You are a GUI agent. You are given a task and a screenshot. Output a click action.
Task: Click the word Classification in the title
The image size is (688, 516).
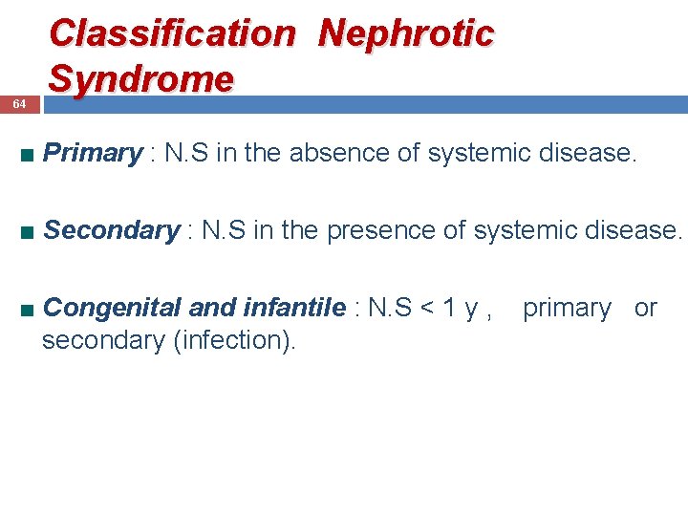coord(173,33)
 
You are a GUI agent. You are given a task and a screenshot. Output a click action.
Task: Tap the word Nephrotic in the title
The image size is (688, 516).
coord(406,33)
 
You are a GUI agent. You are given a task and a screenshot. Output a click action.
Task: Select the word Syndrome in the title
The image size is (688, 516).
coord(140,78)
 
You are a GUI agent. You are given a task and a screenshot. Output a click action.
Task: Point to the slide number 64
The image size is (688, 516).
coord(19,103)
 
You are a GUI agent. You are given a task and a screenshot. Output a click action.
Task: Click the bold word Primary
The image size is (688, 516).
coord(93,153)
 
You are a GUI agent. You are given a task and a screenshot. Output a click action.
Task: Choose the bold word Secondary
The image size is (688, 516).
coord(111,230)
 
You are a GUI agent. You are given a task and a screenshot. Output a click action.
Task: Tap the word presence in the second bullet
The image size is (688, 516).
coord(374,230)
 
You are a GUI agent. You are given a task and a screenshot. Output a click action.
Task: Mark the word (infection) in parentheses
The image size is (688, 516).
coord(234,339)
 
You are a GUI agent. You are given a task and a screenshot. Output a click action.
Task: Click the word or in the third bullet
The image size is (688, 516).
coord(646,308)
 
